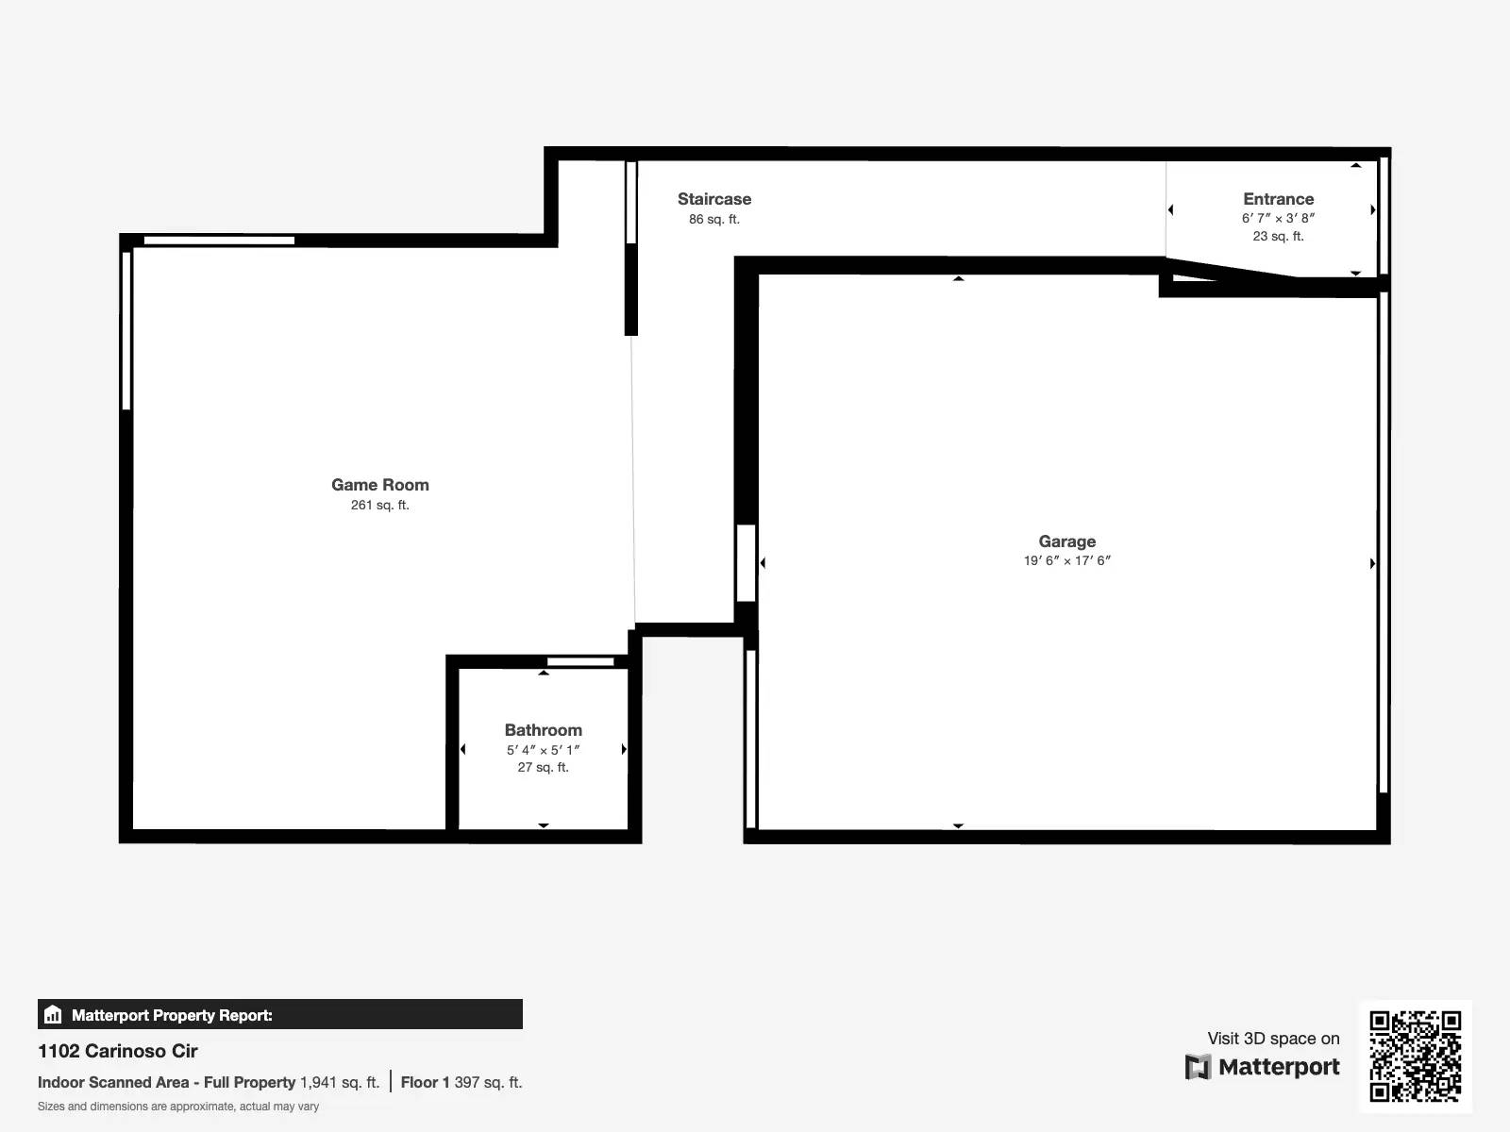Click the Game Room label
379,485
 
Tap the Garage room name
1066,541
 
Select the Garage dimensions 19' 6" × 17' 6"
1066,560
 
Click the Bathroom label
543,730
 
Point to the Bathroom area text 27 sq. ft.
543,767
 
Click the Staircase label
713,199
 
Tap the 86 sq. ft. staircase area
713,219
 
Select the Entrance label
1278,199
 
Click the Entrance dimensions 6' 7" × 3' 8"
1278,218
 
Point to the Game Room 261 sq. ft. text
379,505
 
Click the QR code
1415,1056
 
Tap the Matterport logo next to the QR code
1263,1067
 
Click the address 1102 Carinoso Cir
118,1051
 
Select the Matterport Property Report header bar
279,1015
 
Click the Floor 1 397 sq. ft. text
461,1082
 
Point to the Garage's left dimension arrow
763,563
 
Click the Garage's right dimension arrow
1371,563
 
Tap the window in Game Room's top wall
219,241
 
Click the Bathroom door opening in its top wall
580,661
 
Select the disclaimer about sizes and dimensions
178,1107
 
